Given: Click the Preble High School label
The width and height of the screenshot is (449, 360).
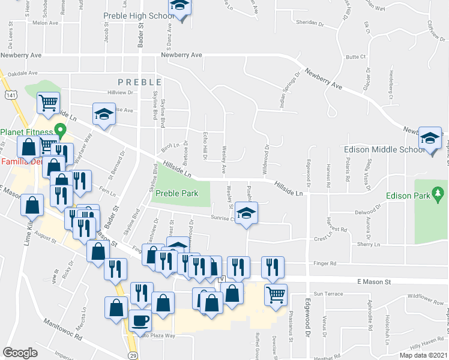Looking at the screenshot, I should click(x=137, y=16).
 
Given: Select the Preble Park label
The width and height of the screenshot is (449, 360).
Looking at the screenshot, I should click(x=176, y=194).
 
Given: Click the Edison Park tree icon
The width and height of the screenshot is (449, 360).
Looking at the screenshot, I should click(x=439, y=194).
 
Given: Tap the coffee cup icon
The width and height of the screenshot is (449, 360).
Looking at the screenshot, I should click(x=140, y=321).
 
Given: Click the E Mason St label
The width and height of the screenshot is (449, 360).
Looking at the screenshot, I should click(x=374, y=281).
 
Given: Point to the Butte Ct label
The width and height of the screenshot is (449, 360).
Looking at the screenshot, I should click(x=356, y=57).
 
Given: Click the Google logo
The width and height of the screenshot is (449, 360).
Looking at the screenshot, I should click(x=20, y=353).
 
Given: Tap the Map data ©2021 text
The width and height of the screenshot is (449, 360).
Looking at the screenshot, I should click(x=423, y=355).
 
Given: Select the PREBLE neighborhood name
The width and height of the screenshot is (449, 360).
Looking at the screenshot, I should click(x=140, y=82).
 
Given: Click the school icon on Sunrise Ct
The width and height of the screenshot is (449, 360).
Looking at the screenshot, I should click(x=246, y=214).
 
